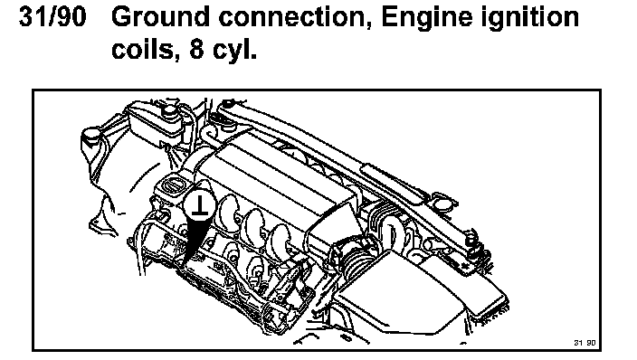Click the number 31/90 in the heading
coord(52,17)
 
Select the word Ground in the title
coord(160,17)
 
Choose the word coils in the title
coord(143,49)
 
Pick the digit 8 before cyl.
coord(195,49)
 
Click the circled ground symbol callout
coord(199,204)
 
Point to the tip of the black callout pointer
coord(184,268)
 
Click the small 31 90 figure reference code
coord(585,343)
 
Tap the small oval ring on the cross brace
coord(444,202)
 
